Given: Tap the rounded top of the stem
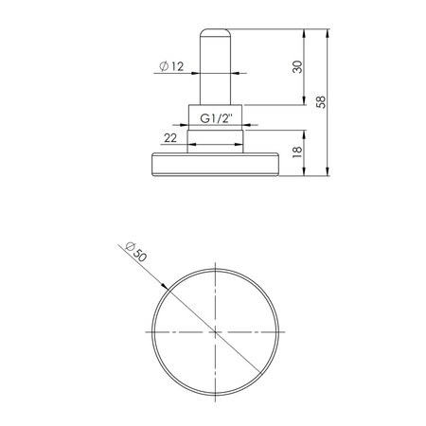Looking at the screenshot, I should tap(215, 33).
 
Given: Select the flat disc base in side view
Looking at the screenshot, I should tap(215, 165).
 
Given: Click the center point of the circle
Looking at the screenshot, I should tap(216, 332).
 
